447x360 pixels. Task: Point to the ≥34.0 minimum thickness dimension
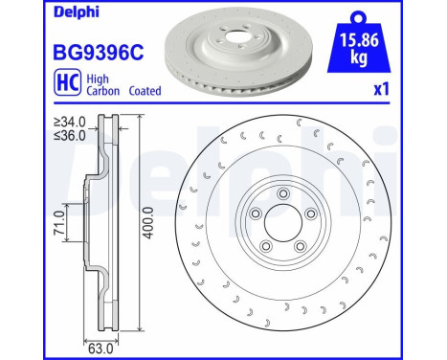71,122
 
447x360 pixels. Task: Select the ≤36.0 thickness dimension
71,135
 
